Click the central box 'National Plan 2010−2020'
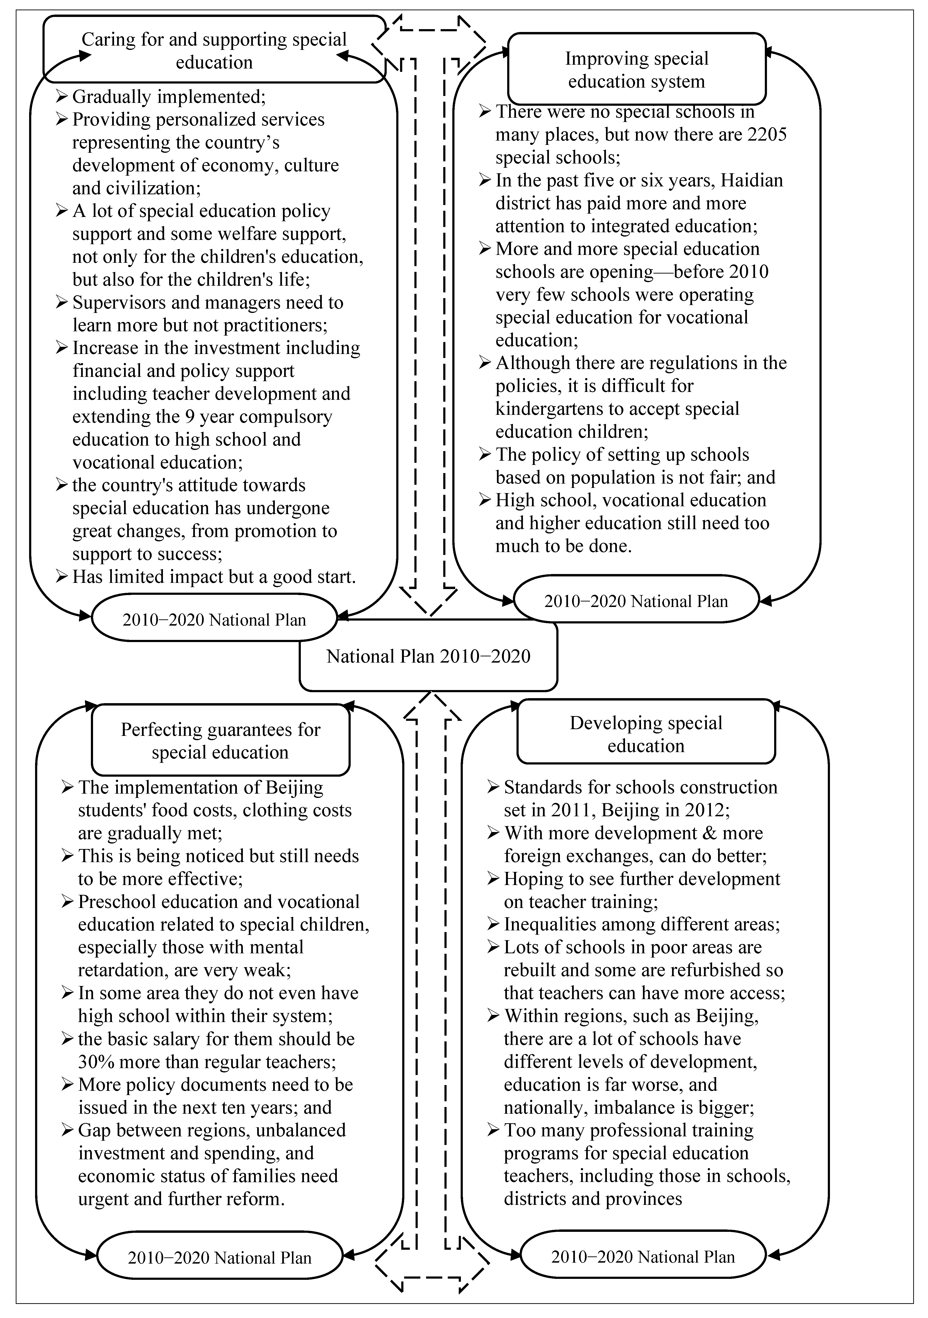(428, 656)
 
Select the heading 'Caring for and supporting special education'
(214, 51)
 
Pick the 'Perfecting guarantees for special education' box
(220, 741)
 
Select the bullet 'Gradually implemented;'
(168, 96)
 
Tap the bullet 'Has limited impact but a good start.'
(214, 576)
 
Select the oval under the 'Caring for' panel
(214, 619)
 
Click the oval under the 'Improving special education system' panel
(636, 601)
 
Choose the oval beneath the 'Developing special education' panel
(643, 1257)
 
